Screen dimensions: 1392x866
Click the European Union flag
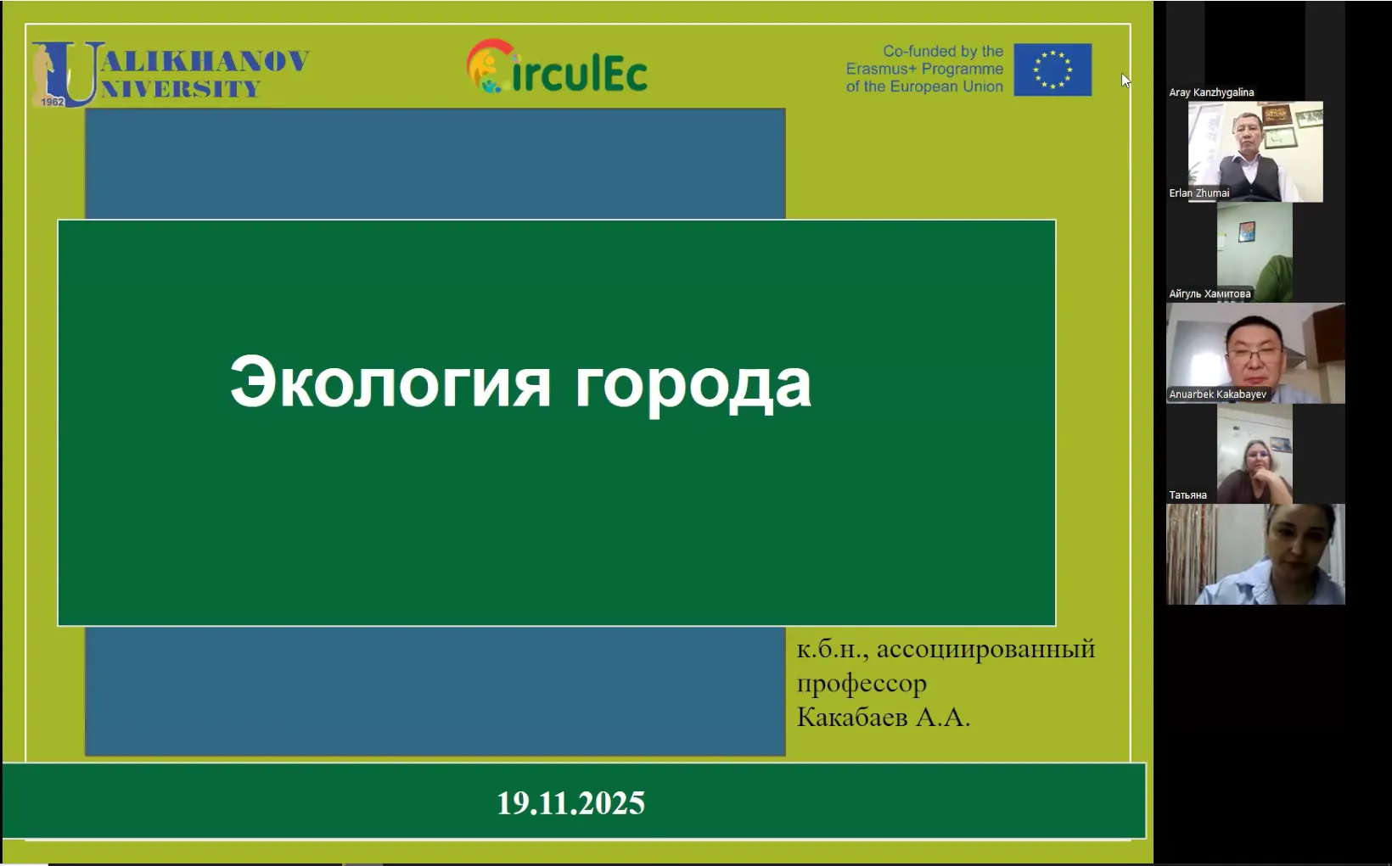tap(1052, 70)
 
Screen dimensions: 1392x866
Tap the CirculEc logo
tap(557, 67)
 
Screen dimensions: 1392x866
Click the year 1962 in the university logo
tap(53, 101)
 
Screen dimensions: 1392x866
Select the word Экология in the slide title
tap(390, 383)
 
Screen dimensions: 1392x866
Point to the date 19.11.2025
tap(570, 802)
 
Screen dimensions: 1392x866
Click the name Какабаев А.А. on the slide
tap(883, 717)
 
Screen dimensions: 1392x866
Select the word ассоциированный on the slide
tap(985, 650)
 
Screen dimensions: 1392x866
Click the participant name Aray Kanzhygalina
tap(1211, 92)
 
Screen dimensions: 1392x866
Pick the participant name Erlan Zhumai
tap(1198, 193)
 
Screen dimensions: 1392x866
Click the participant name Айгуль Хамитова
tap(1210, 293)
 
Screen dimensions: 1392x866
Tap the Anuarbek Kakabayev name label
tap(1217, 394)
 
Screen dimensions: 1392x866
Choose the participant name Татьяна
tap(1187, 494)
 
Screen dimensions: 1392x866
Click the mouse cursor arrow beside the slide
tap(1125, 81)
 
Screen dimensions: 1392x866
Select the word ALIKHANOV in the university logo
tap(205, 61)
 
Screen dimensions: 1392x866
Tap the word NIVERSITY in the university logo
tap(180, 89)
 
